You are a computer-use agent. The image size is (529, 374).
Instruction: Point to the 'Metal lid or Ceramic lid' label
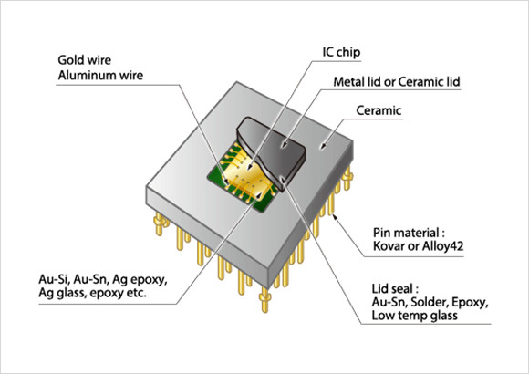(393, 83)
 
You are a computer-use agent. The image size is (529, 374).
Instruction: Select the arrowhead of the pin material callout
(336, 212)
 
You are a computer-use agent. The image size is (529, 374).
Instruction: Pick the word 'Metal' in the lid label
(351, 83)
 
